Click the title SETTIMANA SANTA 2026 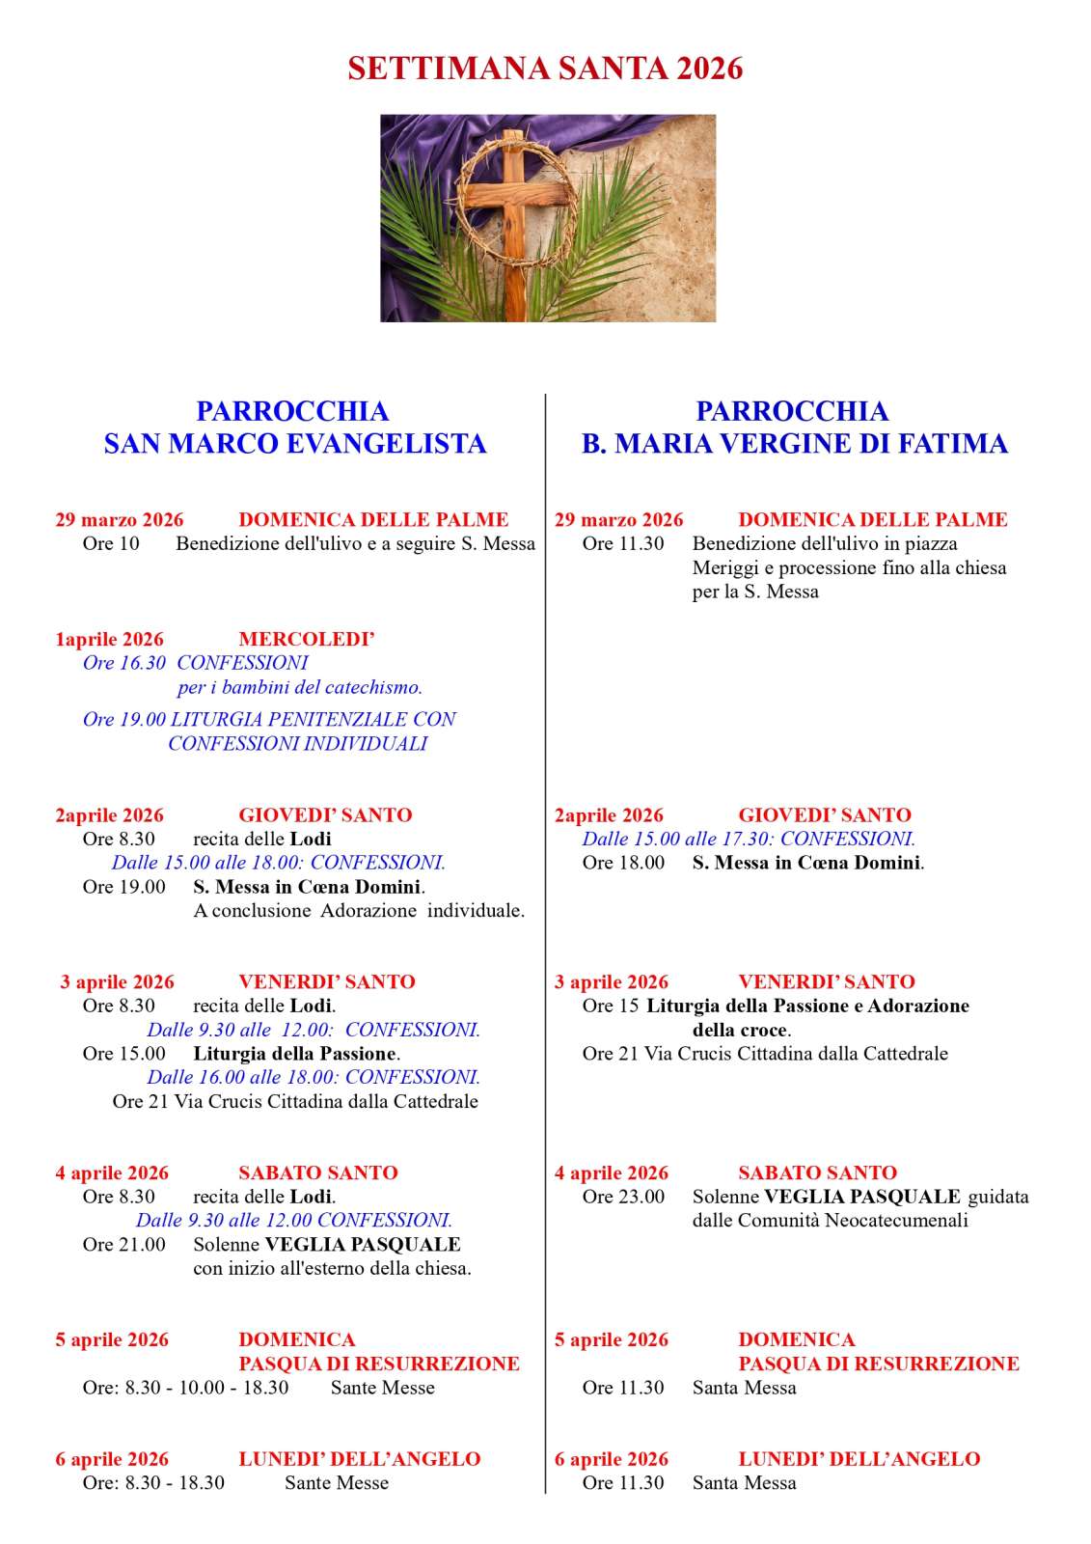tap(545, 69)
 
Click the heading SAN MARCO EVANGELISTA tap(294, 443)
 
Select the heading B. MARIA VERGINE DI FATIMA tap(794, 443)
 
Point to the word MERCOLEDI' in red tap(306, 639)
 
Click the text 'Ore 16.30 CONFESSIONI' tap(195, 663)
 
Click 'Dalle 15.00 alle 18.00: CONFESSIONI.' tap(278, 863)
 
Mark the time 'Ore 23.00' tap(623, 1197)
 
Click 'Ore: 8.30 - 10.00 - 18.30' tap(185, 1388)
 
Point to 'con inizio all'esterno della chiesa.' tap(332, 1268)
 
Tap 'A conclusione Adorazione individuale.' tap(359, 910)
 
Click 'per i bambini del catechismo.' tap(300, 687)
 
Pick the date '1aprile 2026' tap(109, 639)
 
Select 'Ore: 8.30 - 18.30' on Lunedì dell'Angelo tap(153, 1483)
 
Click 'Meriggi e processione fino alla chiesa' tap(849, 567)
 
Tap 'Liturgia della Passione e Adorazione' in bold tap(807, 1006)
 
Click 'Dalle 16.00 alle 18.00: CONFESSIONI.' tap(314, 1077)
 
